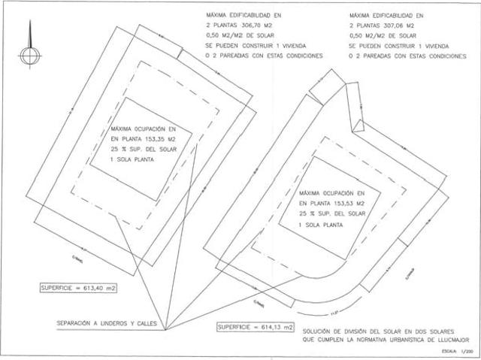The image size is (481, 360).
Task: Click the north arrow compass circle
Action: pos(28,57)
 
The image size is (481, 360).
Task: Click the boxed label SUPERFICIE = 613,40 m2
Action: pos(77,288)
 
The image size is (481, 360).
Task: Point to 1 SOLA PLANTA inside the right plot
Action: pos(319,224)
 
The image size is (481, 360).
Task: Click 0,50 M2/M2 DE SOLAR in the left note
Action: pos(240,35)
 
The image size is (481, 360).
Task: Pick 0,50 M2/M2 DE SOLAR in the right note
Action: pos(384,35)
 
